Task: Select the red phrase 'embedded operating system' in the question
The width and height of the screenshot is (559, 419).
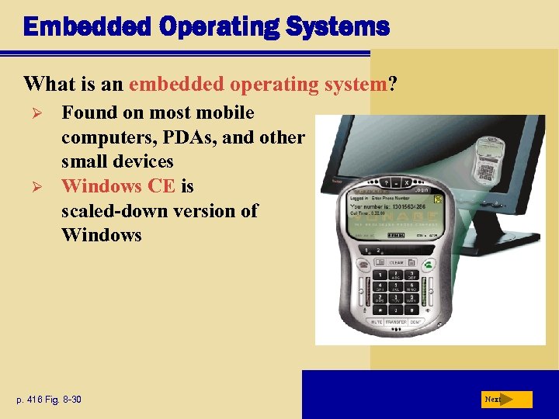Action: click(x=258, y=83)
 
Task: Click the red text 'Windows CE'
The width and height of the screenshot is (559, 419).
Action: click(x=118, y=186)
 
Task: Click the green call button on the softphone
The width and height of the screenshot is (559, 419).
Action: click(x=429, y=262)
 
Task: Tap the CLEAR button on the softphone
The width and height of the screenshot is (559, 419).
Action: click(x=396, y=263)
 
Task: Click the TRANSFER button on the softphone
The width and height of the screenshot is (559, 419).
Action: click(x=396, y=320)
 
